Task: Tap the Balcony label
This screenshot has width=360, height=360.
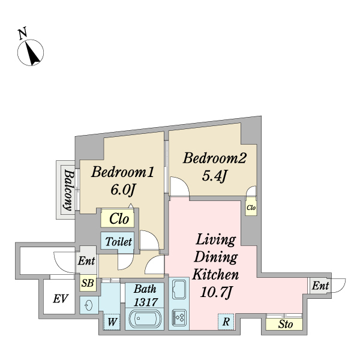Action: click(x=68, y=191)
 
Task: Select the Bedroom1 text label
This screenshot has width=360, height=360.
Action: click(x=124, y=173)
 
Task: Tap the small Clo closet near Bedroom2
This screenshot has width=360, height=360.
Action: click(x=251, y=208)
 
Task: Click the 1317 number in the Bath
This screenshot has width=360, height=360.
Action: click(x=145, y=301)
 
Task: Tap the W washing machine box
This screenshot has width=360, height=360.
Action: click(x=112, y=322)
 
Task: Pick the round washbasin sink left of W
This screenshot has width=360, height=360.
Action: click(x=89, y=305)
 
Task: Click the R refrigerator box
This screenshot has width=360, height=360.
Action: click(x=225, y=322)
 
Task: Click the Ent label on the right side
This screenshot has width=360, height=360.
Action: click(x=320, y=287)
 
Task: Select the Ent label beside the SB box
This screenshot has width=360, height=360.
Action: click(x=86, y=262)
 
